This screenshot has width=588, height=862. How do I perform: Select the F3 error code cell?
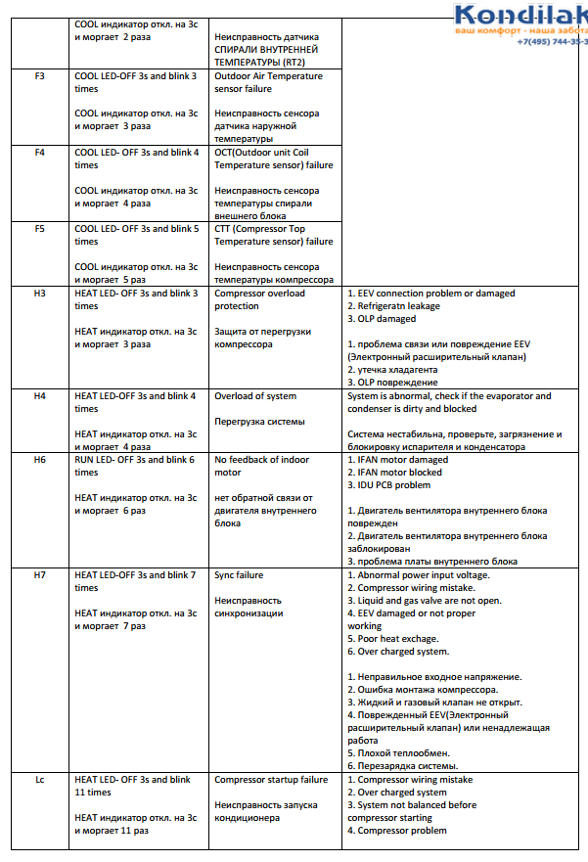(x=40, y=76)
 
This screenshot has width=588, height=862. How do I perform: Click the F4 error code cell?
(x=40, y=153)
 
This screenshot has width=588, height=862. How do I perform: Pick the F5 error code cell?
(x=40, y=229)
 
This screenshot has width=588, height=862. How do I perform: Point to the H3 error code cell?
(x=40, y=294)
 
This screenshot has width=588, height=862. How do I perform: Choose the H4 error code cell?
(x=40, y=396)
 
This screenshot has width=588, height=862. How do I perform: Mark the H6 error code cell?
(x=40, y=460)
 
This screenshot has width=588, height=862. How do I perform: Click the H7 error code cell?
(x=40, y=575)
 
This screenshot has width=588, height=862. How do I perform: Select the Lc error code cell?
(x=40, y=780)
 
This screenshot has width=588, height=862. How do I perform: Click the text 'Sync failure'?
(x=239, y=575)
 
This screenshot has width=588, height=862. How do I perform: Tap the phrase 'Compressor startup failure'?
(x=271, y=780)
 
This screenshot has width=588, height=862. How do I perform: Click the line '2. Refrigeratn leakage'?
(x=394, y=306)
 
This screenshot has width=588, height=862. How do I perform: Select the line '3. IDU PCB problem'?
(x=389, y=485)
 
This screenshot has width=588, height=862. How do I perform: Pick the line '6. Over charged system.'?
(x=398, y=652)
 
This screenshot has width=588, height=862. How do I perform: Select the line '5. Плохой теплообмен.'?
(x=397, y=753)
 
